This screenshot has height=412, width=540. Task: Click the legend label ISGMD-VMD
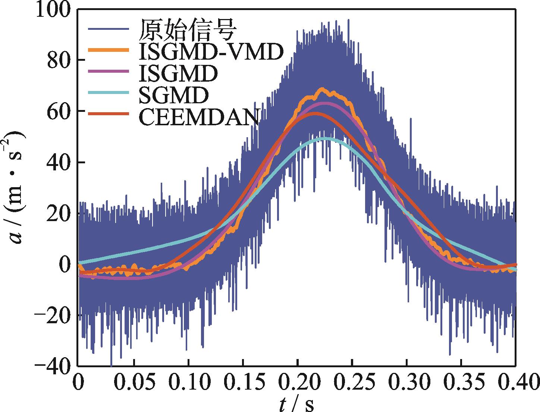click(211, 52)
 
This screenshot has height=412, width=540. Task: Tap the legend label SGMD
click(173, 95)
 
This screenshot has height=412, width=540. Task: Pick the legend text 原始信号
click(188, 30)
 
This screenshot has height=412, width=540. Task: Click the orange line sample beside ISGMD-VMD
click(109, 50)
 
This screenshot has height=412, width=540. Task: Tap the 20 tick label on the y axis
click(60, 214)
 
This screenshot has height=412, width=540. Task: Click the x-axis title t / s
click(296, 404)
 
